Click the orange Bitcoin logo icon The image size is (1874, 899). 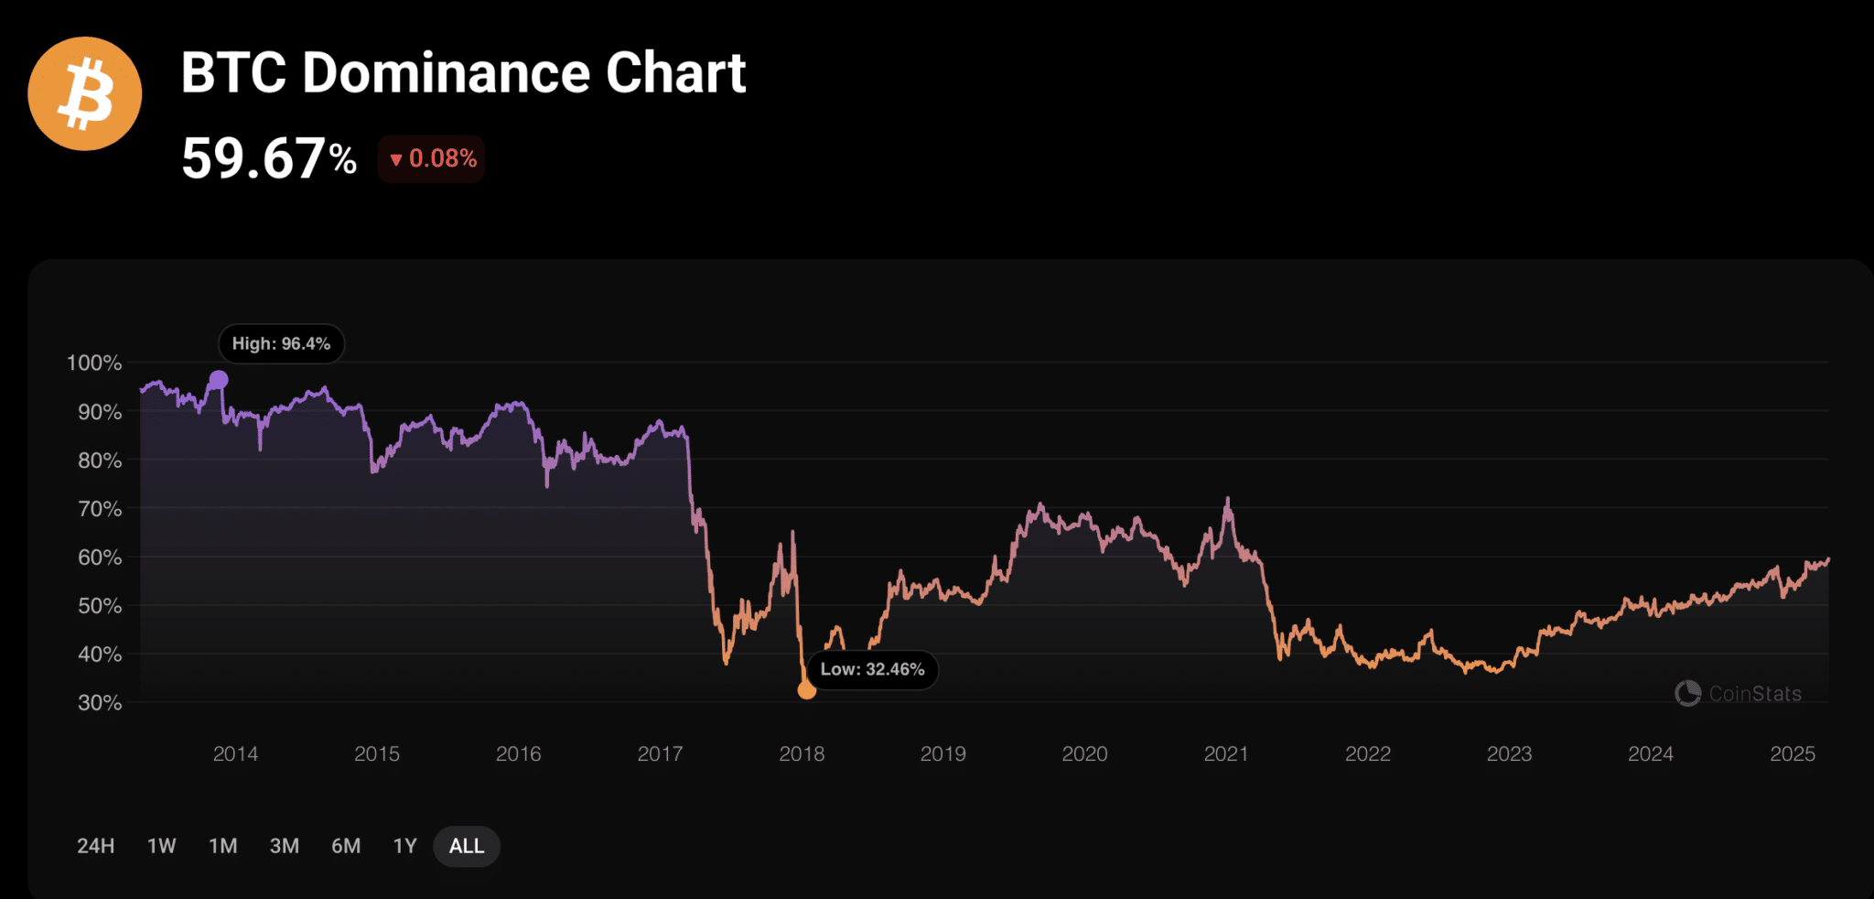tap(85, 93)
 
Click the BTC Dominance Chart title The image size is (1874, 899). tap(463, 73)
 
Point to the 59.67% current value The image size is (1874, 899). tap(269, 158)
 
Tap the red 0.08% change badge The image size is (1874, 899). tap(432, 159)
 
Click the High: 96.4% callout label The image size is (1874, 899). tap(281, 344)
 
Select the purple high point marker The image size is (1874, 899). tap(219, 379)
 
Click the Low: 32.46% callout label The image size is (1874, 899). tap(872, 669)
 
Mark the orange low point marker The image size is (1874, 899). tap(806, 690)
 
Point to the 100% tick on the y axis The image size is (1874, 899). tap(94, 363)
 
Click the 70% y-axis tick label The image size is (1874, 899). tap(99, 509)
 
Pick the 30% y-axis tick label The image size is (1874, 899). tap(99, 703)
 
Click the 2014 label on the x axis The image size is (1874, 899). tap(235, 754)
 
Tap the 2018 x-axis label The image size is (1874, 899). tap(802, 754)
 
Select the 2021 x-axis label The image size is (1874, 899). tap(1226, 754)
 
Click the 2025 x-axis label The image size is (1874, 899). tap(1792, 754)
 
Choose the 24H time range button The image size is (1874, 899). tap(96, 846)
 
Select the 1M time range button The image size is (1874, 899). tap(223, 846)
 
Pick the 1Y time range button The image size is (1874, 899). tap(404, 846)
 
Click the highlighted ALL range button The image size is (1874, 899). tap(467, 846)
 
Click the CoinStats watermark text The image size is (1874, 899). tap(1754, 694)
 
